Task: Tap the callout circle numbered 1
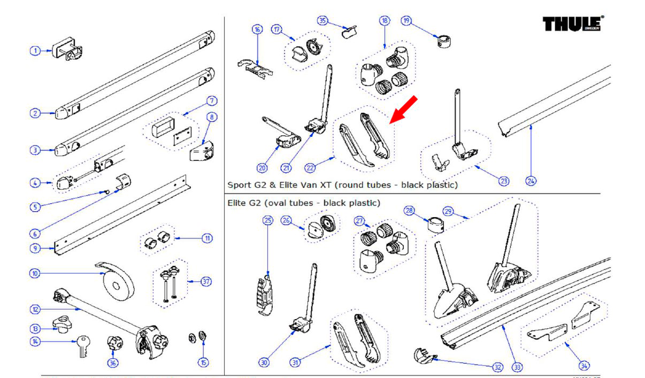35,51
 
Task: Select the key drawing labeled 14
82,345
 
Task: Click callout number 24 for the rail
531,181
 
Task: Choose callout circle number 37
206,281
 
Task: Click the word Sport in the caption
239,186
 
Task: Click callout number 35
322,21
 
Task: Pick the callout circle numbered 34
585,366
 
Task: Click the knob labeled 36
114,343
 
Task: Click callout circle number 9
35,248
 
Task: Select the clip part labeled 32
424,354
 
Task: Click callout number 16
258,29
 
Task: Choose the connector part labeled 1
67,51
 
